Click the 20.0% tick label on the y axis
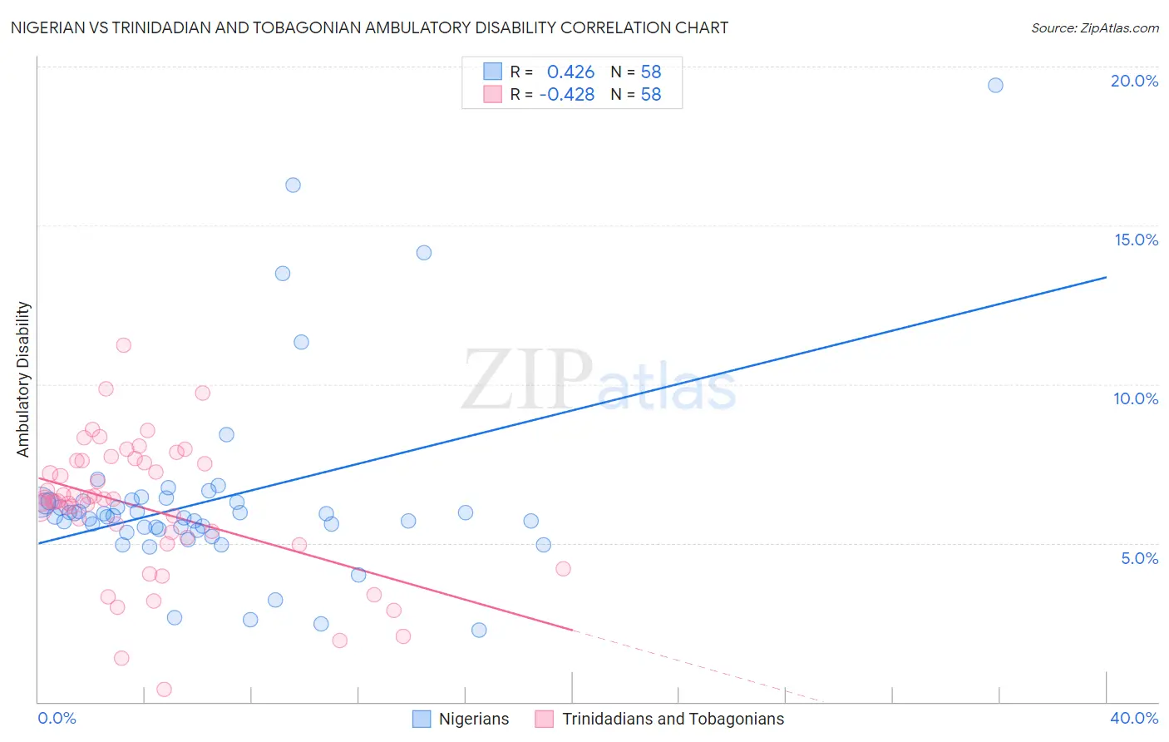point(1134,81)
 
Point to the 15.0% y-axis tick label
point(1136,240)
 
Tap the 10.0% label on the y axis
point(1136,398)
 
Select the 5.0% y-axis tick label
point(1139,558)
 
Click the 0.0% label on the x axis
point(57,718)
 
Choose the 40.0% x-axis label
point(1134,718)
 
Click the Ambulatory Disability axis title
point(23,379)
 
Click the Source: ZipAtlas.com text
point(1094,27)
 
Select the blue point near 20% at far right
point(995,85)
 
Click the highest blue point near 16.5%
point(293,185)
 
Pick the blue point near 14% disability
point(424,253)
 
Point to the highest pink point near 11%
point(124,345)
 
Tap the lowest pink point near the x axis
point(165,689)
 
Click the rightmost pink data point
point(563,569)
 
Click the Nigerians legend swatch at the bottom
point(422,719)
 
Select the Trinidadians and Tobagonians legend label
point(673,719)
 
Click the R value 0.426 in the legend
point(570,72)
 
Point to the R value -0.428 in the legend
point(567,94)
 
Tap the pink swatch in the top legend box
point(492,94)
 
